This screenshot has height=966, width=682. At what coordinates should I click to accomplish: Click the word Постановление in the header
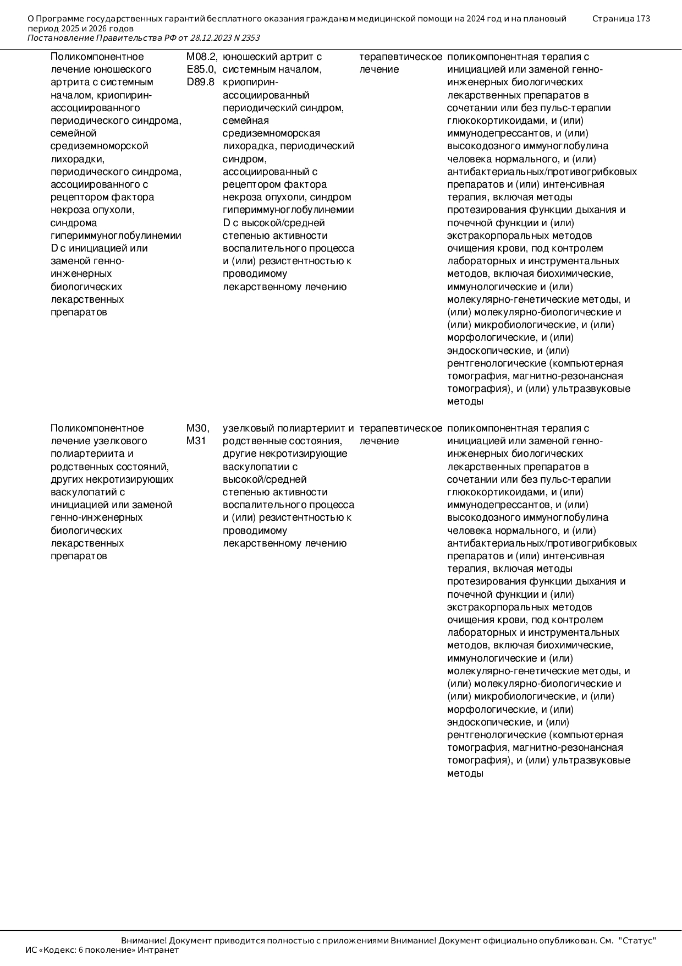(x=61, y=38)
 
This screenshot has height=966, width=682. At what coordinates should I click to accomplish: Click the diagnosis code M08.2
(x=201, y=57)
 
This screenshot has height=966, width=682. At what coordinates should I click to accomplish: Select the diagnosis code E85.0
(x=201, y=69)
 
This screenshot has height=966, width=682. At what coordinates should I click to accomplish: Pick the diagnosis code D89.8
(x=200, y=82)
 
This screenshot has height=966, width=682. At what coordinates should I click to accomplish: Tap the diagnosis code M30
(x=197, y=428)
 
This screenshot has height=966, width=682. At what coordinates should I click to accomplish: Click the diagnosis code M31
(x=196, y=441)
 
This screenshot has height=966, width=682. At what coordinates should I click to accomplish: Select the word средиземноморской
(x=99, y=146)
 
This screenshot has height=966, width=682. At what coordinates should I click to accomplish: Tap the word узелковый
(x=248, y=428)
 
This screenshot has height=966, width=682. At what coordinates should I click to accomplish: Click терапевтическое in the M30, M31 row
(x=400, y=428)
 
